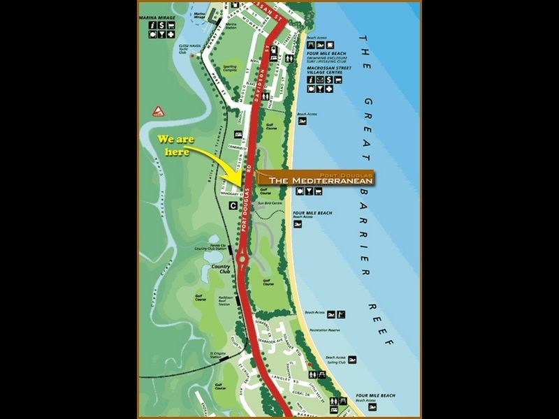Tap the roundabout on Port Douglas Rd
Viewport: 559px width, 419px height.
coord(242,260)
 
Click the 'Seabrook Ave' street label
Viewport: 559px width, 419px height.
coord(273,331)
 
